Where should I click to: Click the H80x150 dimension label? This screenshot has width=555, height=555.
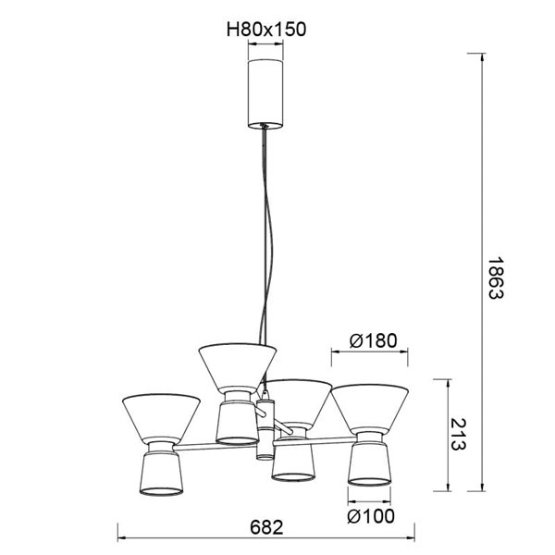click(x=266, y=30)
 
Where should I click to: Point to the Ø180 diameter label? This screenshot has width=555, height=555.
click(x=373, y=339)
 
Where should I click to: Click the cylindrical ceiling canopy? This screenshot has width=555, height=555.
click(x=266, y=92)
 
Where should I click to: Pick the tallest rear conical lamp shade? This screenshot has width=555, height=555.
click(x=240, y=366)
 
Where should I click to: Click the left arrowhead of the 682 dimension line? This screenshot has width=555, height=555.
click(x=123, y=538)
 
